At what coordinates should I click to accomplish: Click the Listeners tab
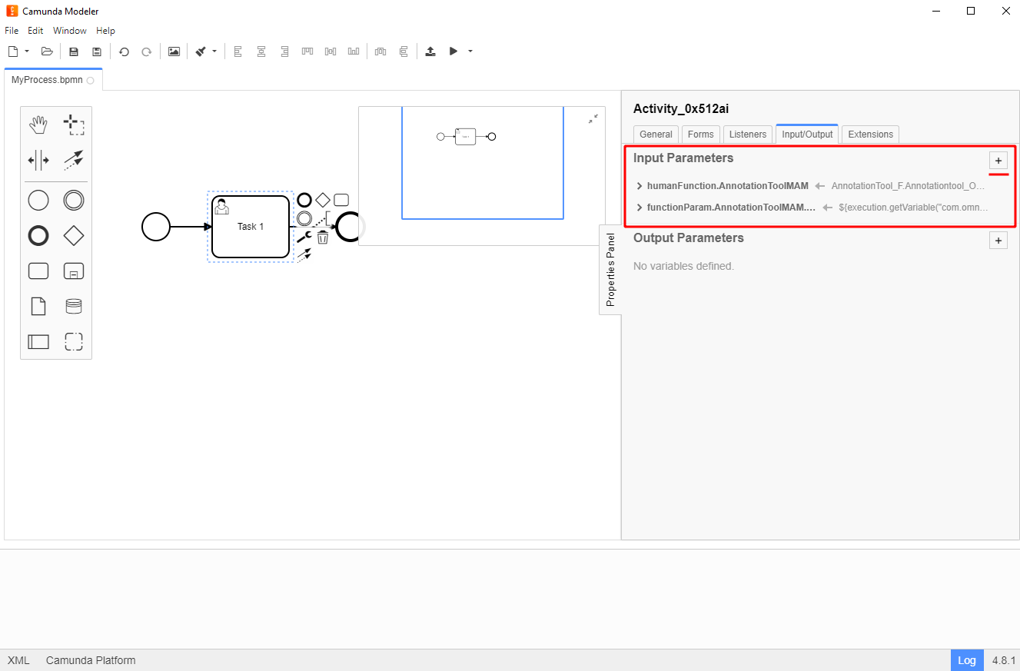pyautogui.click(x=747, y=135)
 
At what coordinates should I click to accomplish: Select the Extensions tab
pyautogui.click(x=870, y=135)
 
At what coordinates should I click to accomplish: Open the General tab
pyautogui.click(x=656, y=135)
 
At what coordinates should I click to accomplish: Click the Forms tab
pyautogui.click(x=700, y=135)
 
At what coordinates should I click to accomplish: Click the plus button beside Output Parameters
pyautogui.click(x=998, y=241)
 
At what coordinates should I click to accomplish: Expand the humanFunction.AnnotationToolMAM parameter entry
pyautogui.click(x=640, y=186)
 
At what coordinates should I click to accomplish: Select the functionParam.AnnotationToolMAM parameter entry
pyautogui.click(x=730, y=208)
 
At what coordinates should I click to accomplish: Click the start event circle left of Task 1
pyautogui.click(x=156, y=227)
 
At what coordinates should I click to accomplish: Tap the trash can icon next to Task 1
pyautogui.click(x=323, y=238)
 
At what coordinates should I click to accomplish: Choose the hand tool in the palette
pyautogui.click(x=38, y=125)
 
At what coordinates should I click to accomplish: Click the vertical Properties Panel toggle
pyautogui.click(x=610, y=270)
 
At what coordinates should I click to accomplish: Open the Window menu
pyautogui.click(x=69, y=31)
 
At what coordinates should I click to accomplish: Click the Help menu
pyautogui.click(x=105, y=31)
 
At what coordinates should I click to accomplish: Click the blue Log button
pyautogui.click(x=966, y=660)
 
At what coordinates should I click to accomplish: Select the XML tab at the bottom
pyautogui.click(x=18, y=660)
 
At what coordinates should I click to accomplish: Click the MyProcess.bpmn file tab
pyautogui.click(x=47, y=80)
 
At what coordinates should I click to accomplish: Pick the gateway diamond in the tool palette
pyautogui.click(x=74, y=236)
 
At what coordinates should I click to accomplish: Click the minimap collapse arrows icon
pyautogui.click(x=593, y=119)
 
